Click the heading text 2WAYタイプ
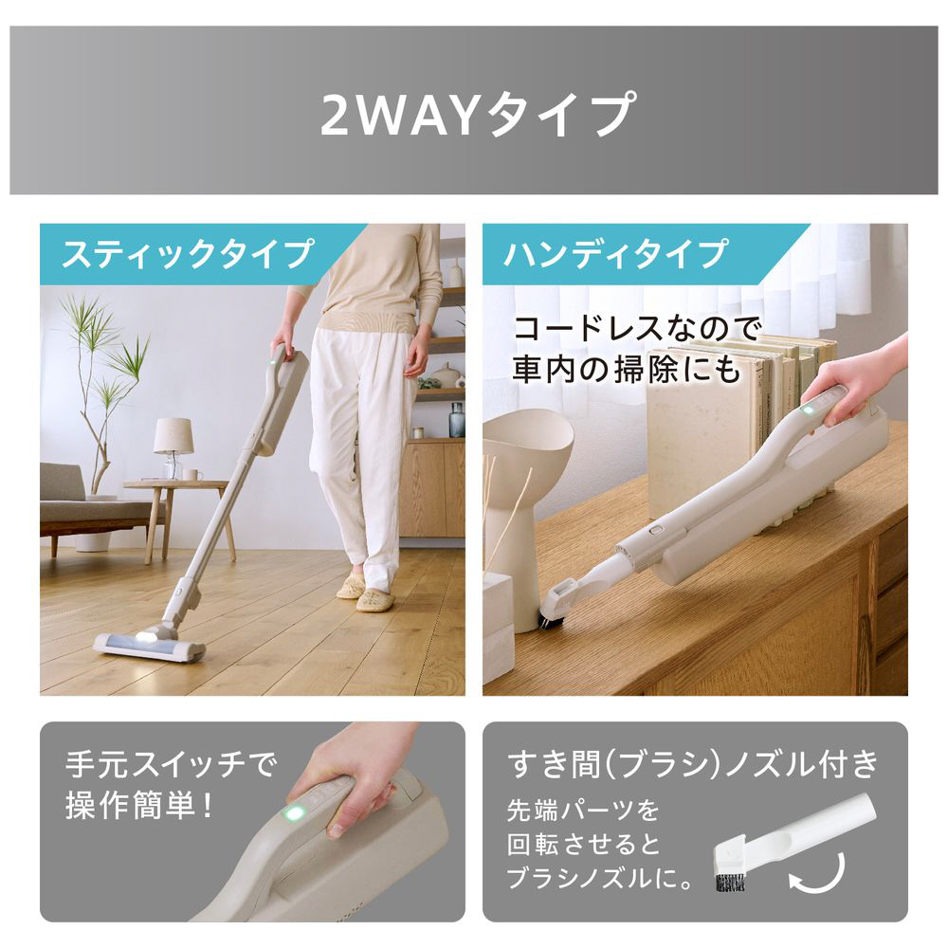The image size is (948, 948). [x=474, y=114]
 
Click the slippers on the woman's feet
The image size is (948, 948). [x=366, y=593]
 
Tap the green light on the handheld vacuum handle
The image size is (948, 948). [x=808, y=410]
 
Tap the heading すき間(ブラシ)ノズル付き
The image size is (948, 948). [x=695, y=763]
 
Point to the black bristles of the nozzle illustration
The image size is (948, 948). [x=729, y=881]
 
